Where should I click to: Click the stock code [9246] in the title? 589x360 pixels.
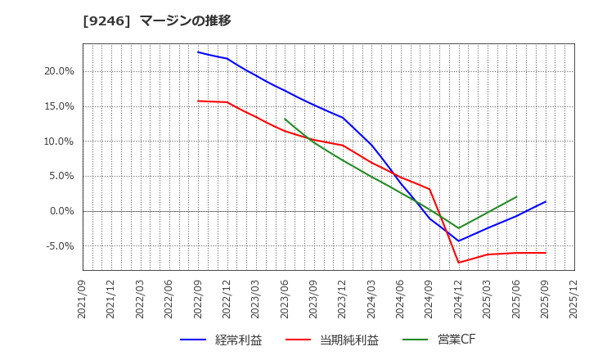coord(106,20)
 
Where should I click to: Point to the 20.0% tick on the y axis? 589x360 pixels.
coord(59,71)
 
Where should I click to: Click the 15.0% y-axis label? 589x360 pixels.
coord(59,106)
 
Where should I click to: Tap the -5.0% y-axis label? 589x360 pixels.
coord(59,246)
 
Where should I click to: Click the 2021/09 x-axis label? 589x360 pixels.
coord(83,298)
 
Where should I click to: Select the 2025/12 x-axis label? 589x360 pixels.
coord(574,298)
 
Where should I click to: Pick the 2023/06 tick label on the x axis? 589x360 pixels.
coord(286,298)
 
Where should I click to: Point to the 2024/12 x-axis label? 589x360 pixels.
coord(459,298)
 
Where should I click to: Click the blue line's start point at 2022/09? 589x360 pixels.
coord(198,52)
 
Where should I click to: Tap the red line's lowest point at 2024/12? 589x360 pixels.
coord(459,263)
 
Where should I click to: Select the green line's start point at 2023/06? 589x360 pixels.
coord(285,119)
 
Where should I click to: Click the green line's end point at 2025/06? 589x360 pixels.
coord(516,196)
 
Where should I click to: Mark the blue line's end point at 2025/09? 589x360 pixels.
coord(546,201)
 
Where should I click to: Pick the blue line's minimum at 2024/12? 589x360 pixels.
coord(459,241)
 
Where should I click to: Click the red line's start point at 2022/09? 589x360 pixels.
coord(198,101)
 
